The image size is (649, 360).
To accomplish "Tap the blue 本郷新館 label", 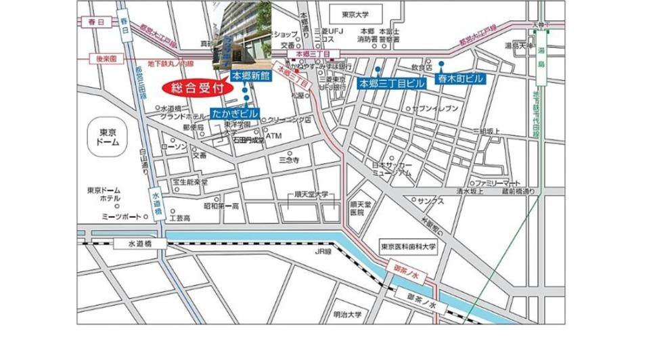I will tap(250, 76).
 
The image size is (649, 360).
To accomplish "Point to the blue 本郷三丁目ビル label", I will tap(392, 83).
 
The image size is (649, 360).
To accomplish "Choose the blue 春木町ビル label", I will tap(462, 79).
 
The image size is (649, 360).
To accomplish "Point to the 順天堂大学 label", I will tap(311, 194).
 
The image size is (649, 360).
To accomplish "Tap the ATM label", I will tap(273, 136).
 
